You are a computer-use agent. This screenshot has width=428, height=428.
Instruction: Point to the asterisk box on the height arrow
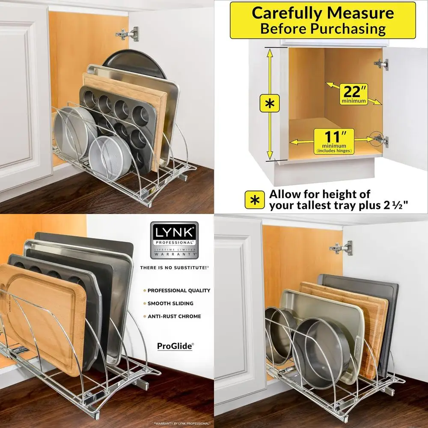pyautogui.click(x=270, y=103)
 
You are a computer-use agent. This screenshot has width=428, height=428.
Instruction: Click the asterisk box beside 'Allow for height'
pyautogui.click(x=254, y=199)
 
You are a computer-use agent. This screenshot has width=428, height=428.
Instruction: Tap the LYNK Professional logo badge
pyautogui.click(x=174, y=240)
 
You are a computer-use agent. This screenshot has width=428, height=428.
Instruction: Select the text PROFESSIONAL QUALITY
pyautogui.click(x=179, y=290)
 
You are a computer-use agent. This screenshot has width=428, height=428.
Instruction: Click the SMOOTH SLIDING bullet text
pyautogui.click(x=170, y=303)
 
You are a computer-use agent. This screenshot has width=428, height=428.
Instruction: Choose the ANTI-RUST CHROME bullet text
pyautogui.click(x=174, y=316)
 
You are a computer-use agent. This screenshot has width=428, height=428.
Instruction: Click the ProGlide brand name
pyautogui.click(x=175, y=346)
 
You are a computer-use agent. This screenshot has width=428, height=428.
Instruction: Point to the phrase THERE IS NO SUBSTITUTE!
pyautogui.click(x=174, y=267)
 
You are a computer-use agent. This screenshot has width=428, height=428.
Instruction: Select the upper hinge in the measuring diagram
pyautogui.click(x=380, y=64)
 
